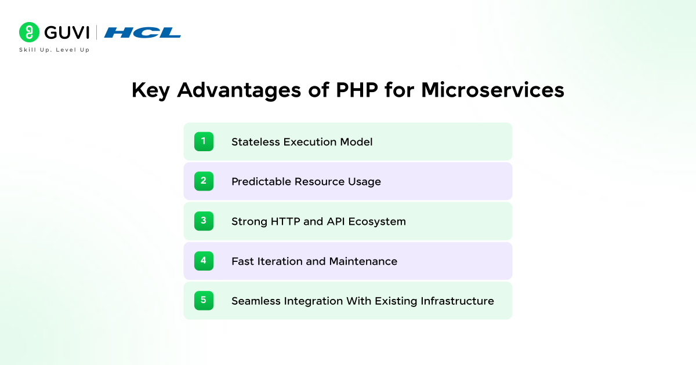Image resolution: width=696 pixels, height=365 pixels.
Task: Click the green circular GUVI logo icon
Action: pyautogui.click(x=29, y=32)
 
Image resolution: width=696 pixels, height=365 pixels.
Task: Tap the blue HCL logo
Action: pyautogui.click(x=143, y=32)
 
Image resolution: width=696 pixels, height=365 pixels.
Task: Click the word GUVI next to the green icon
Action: pyautogui.click(x=67, y=32)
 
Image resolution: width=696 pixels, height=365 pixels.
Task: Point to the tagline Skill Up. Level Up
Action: pyautogui.click(x=55, y=50)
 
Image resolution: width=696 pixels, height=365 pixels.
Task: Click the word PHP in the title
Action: pyautogui.click(x=357, y=90)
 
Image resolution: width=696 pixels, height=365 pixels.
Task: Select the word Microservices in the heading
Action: pyautogui.click(x=492, y=90)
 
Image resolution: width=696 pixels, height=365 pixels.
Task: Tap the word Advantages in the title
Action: pyautogui.click(x=239, y=90)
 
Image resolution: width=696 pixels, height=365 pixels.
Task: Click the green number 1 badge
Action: pyautogui.click(x=204, y=141)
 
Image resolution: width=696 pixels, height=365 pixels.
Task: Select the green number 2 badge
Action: pyautogui.click(x=204, y=181)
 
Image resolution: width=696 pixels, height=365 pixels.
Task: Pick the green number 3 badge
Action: pyautogui.click(x=204, y=221)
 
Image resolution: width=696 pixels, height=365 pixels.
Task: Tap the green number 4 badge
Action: pyautogui.click(x=204, y=261)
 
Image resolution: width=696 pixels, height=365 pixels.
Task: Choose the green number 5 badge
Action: pyautogui.click(x=204, y=301)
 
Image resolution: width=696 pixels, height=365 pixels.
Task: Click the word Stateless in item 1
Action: pyautogui.click(x=256, y=142)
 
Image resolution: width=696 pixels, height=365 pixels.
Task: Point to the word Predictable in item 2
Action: pyautogui.click(x=262, y=181)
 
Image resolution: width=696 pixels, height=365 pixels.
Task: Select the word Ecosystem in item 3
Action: pyautogui.click(x=377, y=222)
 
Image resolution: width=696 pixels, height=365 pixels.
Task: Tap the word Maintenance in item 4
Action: pyautogui.click(x=363, y=261)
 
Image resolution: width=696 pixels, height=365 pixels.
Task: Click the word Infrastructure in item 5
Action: pyautogui.click(x=457, y=301)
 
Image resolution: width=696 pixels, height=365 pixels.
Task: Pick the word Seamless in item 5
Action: pyautogui.click(x=256, y=301)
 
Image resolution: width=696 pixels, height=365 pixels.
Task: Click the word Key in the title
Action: pyautogui.click(x=151, y=90)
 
